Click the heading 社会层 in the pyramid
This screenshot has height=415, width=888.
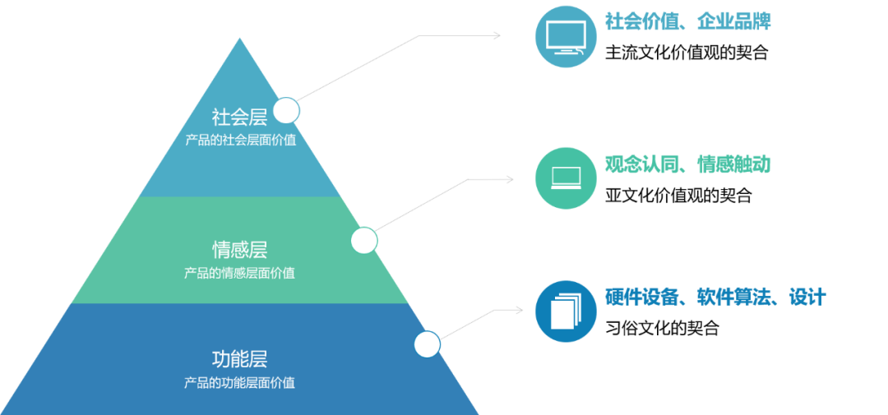click(x=239, y=117)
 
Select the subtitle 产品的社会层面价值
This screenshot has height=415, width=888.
click(x=239, y=140)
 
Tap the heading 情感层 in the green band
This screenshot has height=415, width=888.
click(x=239, y=249)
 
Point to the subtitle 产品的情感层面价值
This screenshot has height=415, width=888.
click(x=239, y=273)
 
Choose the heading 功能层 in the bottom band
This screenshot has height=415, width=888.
click(x=239, y=359)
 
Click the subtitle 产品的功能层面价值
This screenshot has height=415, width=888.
click(x=239, y=383)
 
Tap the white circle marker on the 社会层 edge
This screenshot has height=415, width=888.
click(x=286, y=110)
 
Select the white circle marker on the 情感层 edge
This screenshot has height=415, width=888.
click(x=364, y=241)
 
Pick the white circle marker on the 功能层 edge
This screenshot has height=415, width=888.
click(x=427, y=344)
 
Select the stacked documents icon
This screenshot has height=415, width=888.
click(x=566, y=311)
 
